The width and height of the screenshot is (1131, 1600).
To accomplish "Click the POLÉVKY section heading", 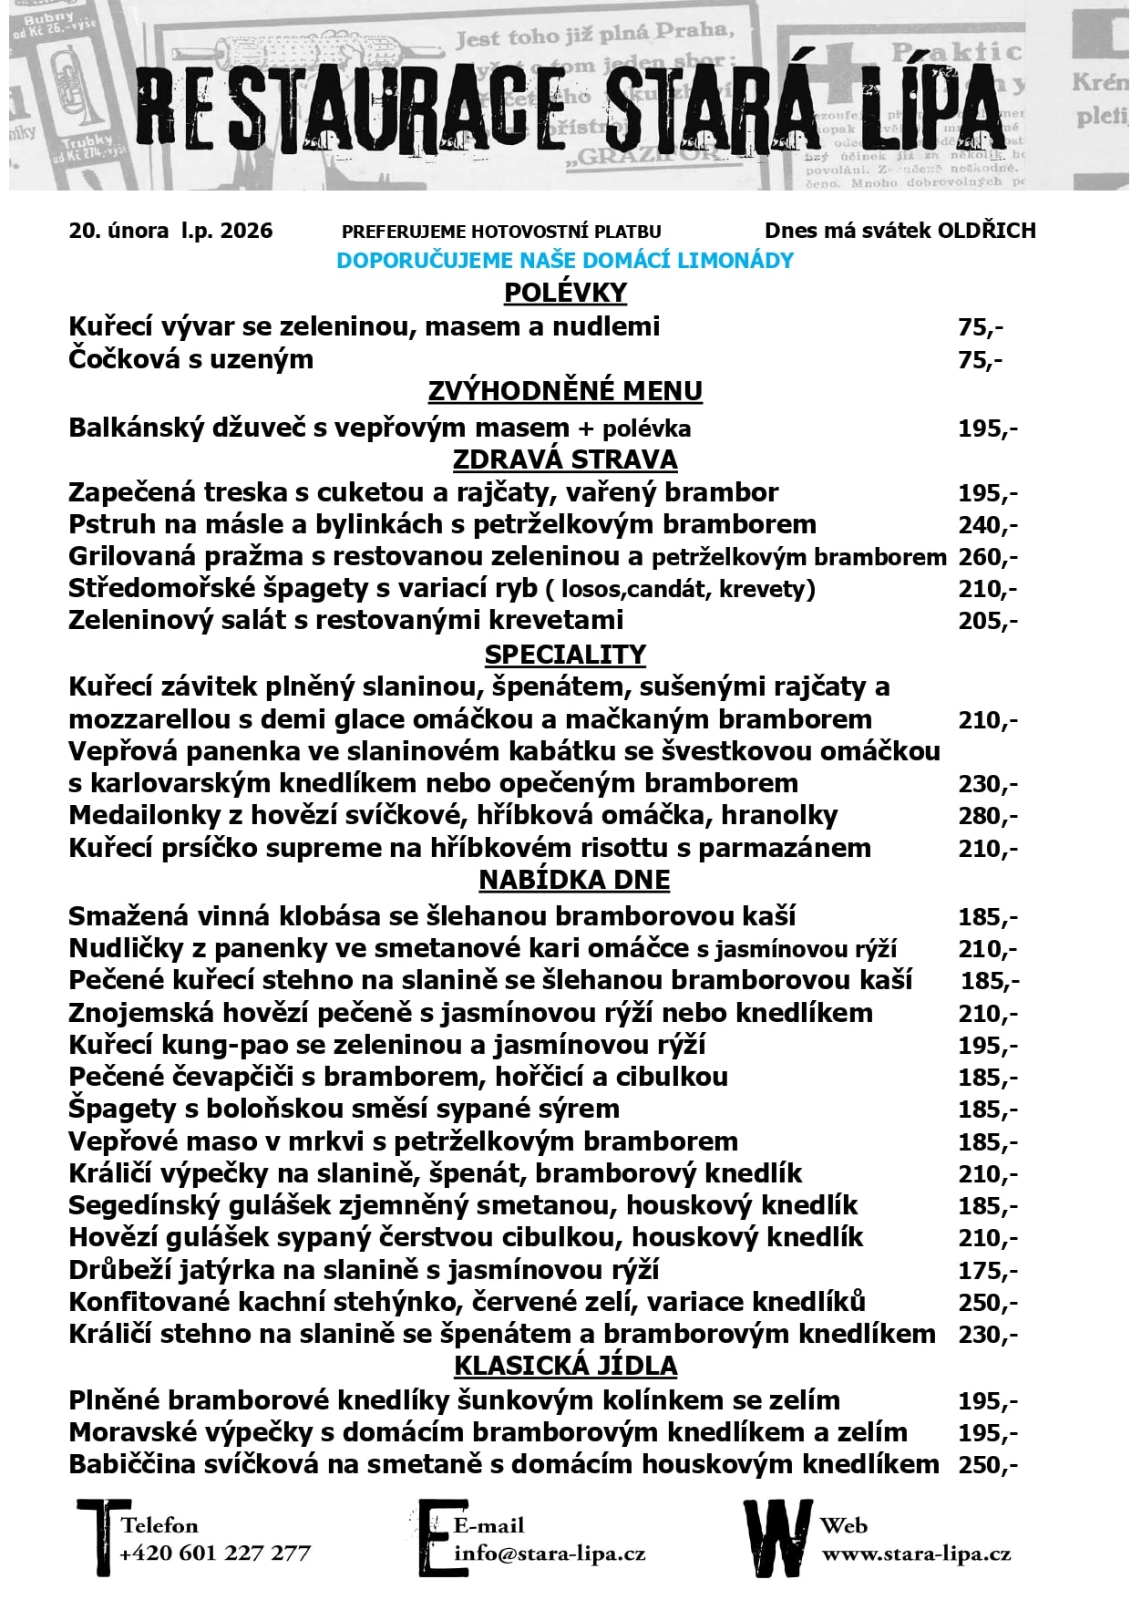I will (565, 293).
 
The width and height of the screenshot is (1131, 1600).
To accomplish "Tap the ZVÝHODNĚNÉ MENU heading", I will (565, 391).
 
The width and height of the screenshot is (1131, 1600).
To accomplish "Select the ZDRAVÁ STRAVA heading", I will (565, 459).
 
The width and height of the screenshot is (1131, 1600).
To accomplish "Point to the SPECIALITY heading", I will (565, 655).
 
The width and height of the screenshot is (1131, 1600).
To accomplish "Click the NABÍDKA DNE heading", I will (574, 880).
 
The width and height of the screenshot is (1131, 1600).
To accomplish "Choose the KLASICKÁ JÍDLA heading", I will (565, 1366).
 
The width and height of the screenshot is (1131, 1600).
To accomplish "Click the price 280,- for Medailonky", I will (987, 816).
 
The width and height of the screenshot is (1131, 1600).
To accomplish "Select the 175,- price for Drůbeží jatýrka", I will (987, 1271).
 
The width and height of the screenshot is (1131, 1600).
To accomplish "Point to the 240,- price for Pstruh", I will (987, 525).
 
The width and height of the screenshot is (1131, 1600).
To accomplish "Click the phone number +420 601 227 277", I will (215, 1553).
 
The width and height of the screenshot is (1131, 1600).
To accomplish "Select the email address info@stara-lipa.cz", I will (550, 1553).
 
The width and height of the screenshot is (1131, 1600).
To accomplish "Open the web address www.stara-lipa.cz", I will (915, 1554).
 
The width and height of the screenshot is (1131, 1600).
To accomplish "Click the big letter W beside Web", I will (776, 1538).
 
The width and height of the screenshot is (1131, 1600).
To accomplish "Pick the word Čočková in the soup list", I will (124, 359).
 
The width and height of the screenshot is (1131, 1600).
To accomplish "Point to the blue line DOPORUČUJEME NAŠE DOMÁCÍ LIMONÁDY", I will (565, 261).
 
